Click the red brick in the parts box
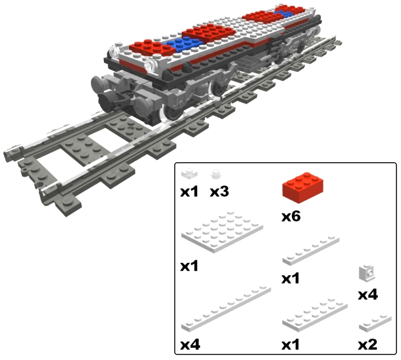[302, 188]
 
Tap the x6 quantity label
[291, 217]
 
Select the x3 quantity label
[219, 192]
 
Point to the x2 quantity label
[368, 344]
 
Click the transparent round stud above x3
[216, 174]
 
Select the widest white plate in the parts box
[222, 232]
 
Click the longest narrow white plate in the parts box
[226, 309]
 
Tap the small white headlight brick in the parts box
[367, 273]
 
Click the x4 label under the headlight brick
[368, 295]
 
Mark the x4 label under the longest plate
[190, 344]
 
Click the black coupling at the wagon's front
[110, 98]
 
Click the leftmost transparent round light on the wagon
[114, 51]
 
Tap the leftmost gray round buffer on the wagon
[98, 84]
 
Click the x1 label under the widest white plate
[189, 266]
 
